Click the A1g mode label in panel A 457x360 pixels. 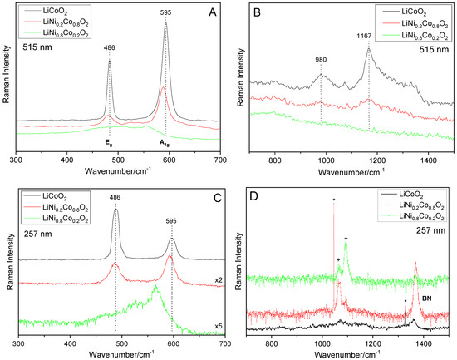tap(166, 142)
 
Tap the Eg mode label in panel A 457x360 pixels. tap(110, 142)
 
